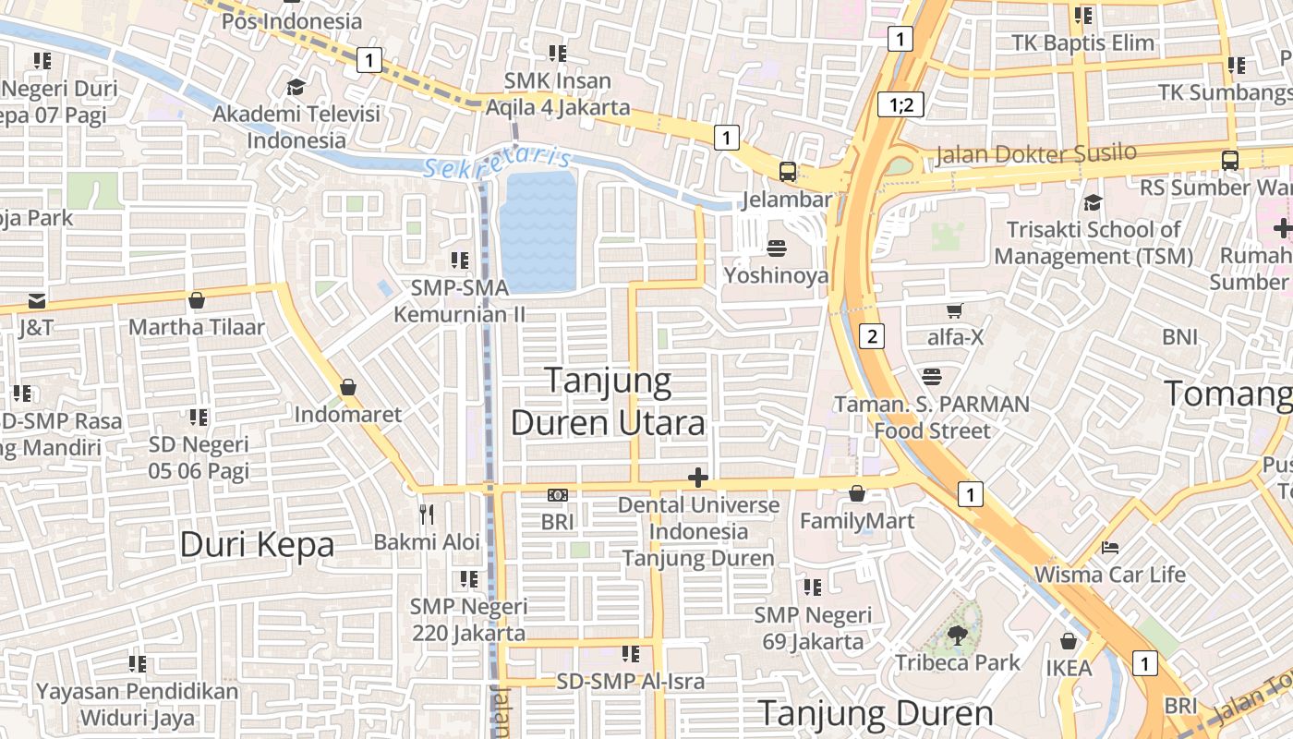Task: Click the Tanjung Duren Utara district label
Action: tap(608, 402)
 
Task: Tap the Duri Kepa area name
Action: tap(257, 544)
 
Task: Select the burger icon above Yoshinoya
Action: tap(776, 248)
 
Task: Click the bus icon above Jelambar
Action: tap(788, 171)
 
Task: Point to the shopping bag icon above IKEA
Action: tap(1069, 640)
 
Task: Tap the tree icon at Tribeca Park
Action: tap(957, 634)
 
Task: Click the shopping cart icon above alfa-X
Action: tap(955, 310)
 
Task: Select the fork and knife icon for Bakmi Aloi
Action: tap(427, 514)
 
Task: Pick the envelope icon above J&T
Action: tap(36, 300)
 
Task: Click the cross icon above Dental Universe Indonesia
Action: tap(698, 478)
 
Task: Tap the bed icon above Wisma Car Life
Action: tap(1110, 548)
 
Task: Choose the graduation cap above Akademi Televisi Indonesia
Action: tap(296, 87)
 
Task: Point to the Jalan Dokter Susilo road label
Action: tap(1036, 153)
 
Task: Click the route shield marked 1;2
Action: tap(900, 104)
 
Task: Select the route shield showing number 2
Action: tap(871, 335)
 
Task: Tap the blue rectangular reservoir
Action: tap(538, 231)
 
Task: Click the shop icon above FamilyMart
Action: tap(857, 494)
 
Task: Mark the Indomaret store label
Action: tap(348, 415)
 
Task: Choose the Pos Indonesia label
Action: tap(292, 20)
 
